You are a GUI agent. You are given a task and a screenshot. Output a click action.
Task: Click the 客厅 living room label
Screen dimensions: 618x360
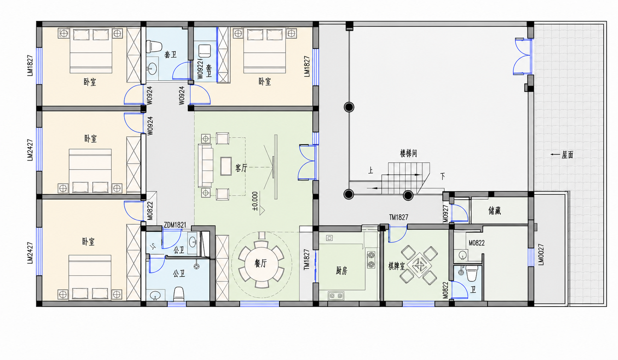[241, 168]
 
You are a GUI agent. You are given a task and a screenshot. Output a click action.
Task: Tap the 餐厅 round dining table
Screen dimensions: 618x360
[261, 265]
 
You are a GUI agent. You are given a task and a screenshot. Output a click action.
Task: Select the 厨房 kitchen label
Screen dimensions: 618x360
[341, 271]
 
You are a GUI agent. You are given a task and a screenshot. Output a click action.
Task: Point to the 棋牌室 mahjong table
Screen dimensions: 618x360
[419, 265]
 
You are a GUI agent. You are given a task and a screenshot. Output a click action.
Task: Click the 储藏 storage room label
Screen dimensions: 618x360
[494, 211]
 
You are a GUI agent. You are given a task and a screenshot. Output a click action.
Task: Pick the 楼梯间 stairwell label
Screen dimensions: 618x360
[408, 153]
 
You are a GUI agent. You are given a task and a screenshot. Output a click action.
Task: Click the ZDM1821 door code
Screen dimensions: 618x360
[175, 225]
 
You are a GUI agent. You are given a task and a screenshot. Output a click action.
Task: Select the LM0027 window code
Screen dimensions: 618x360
[541, 254]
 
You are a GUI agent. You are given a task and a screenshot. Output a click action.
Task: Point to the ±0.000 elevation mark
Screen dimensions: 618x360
[255, 201]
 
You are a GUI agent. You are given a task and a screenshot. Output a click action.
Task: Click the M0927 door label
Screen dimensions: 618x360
[446, 214]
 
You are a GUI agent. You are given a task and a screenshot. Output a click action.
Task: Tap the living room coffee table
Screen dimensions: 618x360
[226, 166]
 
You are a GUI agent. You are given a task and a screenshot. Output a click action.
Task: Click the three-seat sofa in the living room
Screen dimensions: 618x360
[205, 166]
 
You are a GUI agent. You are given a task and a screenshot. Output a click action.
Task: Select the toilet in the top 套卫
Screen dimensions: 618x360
[154, 46]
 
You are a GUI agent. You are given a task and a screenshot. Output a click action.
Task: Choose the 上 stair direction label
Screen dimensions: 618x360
[370, 170]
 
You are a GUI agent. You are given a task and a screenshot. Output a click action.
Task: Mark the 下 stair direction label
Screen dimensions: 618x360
[443, 176]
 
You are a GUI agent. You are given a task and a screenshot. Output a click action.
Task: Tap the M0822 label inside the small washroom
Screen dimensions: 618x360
[477, 243]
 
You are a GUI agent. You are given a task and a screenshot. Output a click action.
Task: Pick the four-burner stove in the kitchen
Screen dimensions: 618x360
[371, 259]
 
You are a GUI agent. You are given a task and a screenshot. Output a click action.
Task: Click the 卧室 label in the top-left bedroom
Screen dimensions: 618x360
[90, 82]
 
